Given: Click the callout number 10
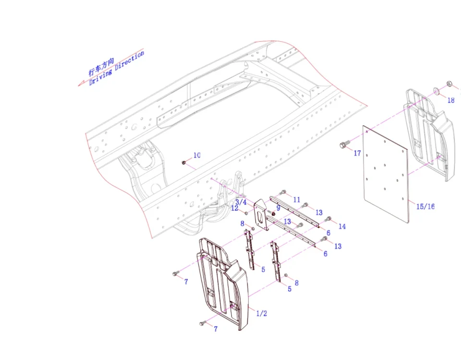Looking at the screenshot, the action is (x=197, y=155).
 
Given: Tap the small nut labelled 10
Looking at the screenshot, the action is (x=184, y=163).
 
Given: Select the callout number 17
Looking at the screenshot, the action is (x=357, y=153).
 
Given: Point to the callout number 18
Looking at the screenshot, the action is (x=451, y=100).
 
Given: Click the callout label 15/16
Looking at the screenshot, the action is (x=425, y=206).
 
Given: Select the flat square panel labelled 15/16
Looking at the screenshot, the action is (x=386, y=174).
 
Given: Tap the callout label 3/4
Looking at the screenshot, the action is (x=241, y=202).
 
